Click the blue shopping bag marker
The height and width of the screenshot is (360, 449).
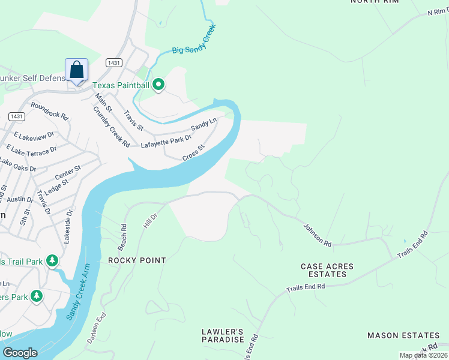[x=76, y=71]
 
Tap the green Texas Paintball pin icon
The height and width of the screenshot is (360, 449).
[x=158, y=85]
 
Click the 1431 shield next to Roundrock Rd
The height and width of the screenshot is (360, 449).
[x=16, y=116]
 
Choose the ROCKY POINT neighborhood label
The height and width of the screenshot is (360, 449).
[x=137, y=261]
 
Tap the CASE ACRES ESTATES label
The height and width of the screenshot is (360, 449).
[x=327, y=270]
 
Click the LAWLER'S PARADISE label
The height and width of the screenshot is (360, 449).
[x=222, y=335]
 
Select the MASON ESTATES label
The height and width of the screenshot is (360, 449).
[x=403, y=335]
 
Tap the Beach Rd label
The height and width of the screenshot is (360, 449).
[x=124, y=237]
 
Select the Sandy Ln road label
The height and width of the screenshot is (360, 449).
[x=203, y=125]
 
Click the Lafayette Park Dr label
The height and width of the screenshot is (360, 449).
[x=166, y=141]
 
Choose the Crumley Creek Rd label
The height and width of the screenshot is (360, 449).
[x=112, y=127]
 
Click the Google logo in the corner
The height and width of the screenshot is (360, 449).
[x=20, y=353]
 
